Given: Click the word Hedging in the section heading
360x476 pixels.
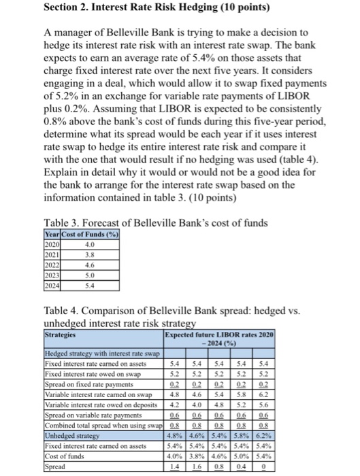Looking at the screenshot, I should pos(193,7).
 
